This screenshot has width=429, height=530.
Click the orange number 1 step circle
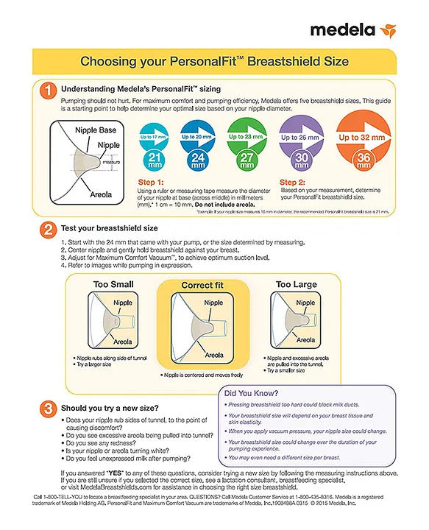coord(46,91)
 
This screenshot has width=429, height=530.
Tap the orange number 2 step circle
coord(46,229)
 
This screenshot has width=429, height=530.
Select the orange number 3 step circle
coord(46,408)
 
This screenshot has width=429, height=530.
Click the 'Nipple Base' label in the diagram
coord(96,130)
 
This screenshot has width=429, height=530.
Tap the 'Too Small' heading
coord(112,284)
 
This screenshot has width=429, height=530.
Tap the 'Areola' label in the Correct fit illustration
coord(214,355)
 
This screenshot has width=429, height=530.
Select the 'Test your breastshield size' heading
coord(109,228)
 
